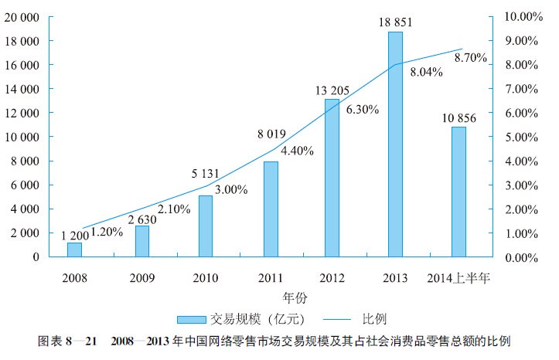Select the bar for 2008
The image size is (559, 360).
74,250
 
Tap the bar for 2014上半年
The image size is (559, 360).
458,192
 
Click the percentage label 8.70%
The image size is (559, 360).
470,57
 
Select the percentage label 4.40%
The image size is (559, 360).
297,151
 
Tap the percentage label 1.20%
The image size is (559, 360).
107,231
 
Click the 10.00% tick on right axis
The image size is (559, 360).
523,16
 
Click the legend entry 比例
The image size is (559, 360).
374,318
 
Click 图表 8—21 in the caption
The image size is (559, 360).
67,341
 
